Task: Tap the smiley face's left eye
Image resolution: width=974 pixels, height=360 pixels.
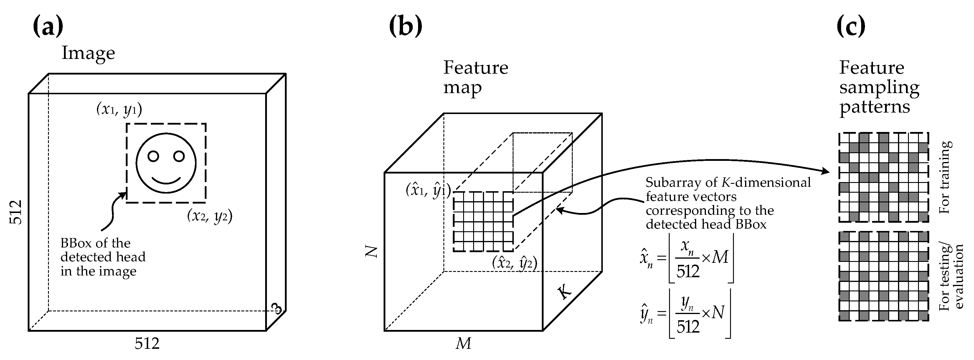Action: (153, 156)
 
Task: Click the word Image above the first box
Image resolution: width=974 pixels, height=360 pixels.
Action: (88, 53)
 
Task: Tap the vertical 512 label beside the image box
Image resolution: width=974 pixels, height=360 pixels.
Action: (16, 212)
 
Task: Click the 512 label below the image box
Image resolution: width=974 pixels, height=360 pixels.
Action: (147, 344)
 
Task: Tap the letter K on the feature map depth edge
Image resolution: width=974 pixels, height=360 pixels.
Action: (564, 292)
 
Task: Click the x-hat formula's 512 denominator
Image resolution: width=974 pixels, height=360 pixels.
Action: (688, 271)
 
